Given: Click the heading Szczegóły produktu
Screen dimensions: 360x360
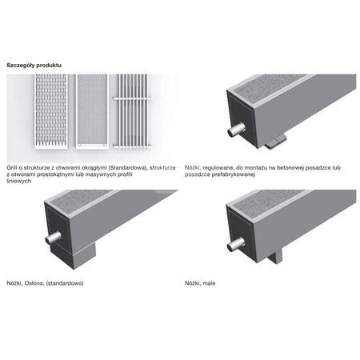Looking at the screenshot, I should pos(34,65).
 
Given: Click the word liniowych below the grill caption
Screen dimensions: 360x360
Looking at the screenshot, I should pos(19,181).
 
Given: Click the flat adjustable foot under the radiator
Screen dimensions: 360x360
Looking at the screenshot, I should pos(276,142).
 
